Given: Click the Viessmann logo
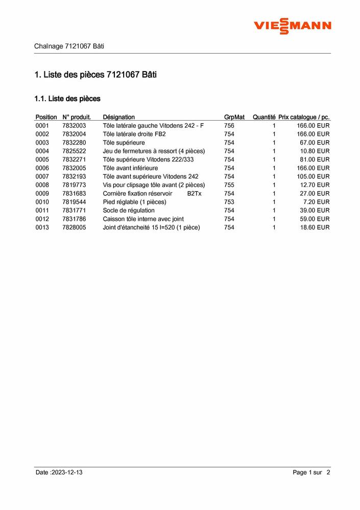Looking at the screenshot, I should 293,25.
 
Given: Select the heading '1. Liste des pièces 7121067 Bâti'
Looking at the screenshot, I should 95,75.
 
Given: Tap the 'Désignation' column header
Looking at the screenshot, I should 118,117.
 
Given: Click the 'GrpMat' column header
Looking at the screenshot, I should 234,117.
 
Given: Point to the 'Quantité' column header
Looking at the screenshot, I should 264,117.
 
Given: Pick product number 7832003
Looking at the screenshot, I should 74,126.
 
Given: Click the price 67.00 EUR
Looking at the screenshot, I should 315,143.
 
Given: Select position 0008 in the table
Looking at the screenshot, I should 42,185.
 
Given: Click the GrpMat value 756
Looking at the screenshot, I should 229,126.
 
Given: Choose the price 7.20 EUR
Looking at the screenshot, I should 316,202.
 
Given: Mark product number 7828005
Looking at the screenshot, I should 74,227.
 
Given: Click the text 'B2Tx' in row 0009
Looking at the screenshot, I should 194,194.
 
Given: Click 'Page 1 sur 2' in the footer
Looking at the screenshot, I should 311,473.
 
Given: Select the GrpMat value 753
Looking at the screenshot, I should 229,202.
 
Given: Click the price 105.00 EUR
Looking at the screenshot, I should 313,176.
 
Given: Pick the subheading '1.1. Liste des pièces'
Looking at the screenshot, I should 67,99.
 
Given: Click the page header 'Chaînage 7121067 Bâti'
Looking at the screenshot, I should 69,46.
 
